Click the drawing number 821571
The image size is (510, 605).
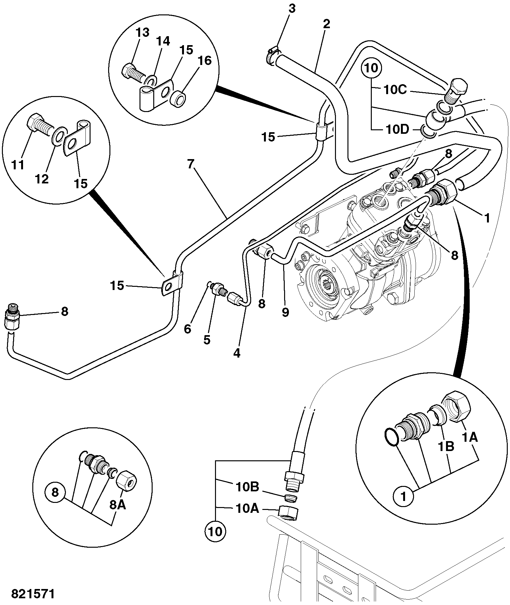[33, 594]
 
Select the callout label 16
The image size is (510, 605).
[204, 60]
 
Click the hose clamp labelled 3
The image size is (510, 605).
[272, 56]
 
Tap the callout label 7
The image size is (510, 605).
[191, 164]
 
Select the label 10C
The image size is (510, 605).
[395, 90]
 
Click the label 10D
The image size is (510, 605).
[397, 130]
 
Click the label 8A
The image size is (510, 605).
[117, 505]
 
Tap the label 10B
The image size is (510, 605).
[247, 487]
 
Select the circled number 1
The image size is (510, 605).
[403, 497]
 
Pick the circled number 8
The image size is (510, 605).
[55, 492]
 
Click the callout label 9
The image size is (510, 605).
[285, 312]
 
